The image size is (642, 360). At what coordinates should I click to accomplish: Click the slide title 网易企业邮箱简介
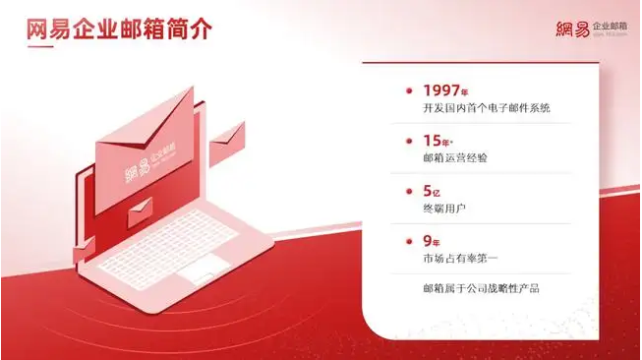[119, 30]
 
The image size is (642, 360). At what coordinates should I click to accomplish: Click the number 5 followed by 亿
[426, 191]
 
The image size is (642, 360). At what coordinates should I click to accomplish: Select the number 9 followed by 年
[426, 241]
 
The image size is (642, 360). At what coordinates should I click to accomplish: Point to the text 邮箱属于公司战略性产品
[480, 288]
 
